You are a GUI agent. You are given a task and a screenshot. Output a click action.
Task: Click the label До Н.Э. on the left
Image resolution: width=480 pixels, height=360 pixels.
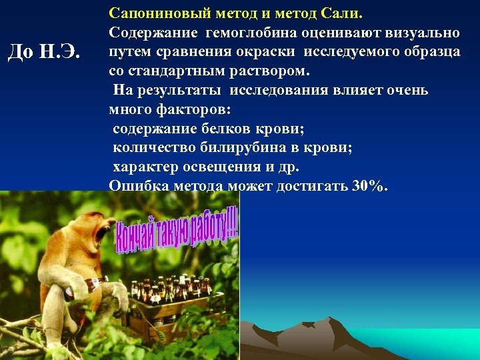pyautogui.click(x=42, y=51)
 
